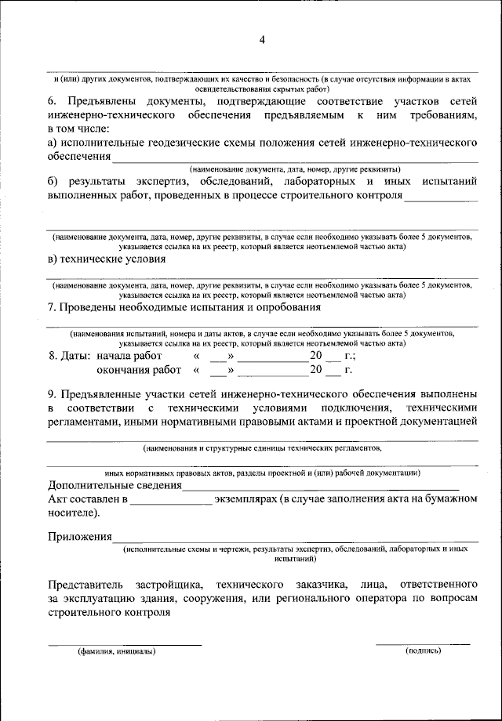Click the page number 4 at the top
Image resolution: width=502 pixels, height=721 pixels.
coord(262,41)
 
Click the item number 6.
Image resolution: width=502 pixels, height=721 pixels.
coord(52,102)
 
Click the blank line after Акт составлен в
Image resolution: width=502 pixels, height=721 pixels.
coord(170,498)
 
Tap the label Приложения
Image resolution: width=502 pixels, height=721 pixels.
coord(79,537)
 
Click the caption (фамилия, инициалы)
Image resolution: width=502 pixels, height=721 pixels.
coord(115,651)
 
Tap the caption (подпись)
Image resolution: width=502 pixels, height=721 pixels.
coord(423,651)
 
